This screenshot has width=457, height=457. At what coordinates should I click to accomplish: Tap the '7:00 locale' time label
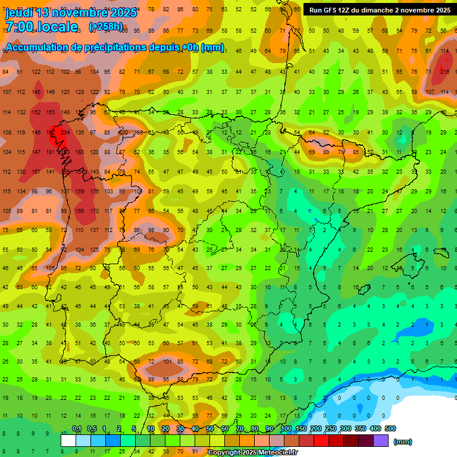(x=41, y=26)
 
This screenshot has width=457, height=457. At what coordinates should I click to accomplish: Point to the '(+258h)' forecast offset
(x=105, y=27)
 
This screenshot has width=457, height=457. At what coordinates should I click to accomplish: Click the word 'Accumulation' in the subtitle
(x=36, y=48)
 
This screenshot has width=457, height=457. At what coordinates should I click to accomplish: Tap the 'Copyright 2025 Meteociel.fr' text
(x=253, y=453)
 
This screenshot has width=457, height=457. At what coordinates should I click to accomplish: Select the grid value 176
(x=94, y=192)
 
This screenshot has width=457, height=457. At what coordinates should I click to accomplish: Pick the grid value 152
(x=36, y=112)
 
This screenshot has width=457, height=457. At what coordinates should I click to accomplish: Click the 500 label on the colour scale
(x=390, y=429)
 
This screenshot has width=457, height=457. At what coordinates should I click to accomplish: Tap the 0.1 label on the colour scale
(x=77, y=429)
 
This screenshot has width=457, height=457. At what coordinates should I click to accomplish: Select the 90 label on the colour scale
(x=270, y=429)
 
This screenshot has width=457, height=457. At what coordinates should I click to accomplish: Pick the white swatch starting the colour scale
(x=68, y=441)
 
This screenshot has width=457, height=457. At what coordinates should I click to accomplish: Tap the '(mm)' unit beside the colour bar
(x=403, y=442)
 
